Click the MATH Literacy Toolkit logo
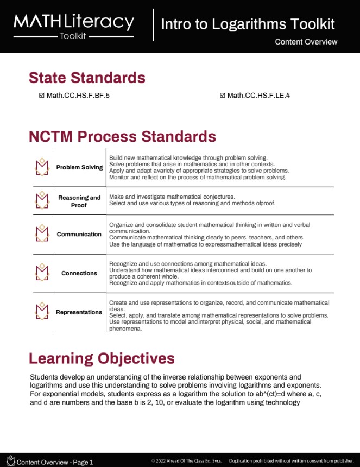(74, 24)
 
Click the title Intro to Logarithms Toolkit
(248, 24)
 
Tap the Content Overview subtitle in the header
(306, 42)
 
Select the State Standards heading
(87, 78)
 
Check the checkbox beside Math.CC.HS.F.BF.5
(42, 96)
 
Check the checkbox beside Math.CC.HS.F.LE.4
(223, 96)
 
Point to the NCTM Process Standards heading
(122, 136)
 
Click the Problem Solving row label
(79, 167)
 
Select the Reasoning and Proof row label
(79, 201)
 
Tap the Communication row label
(79, 234)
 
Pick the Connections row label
(79, 273)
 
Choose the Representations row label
(79, 312)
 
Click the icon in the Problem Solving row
(42, 167)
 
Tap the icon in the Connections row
(42, 273)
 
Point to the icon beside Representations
(42, 312)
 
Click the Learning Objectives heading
(102, 358)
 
